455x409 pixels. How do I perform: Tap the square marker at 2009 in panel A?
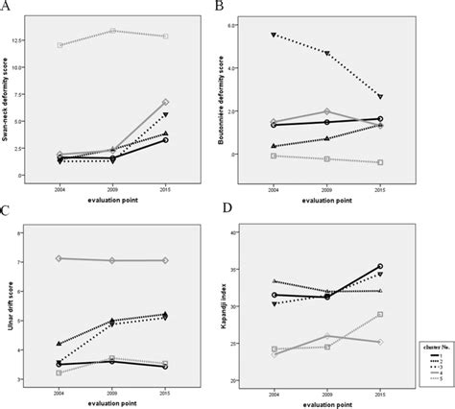112,31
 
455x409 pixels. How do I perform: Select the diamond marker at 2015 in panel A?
165,102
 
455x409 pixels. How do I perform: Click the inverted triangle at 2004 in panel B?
275,35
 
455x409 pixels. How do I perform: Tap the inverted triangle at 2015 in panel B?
380,97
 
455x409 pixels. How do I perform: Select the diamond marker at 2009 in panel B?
327,112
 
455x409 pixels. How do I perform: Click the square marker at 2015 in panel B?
380,162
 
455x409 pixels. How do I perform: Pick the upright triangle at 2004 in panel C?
60,343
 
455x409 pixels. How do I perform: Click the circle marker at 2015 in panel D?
380,266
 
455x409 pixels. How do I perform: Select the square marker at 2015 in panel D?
380,314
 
